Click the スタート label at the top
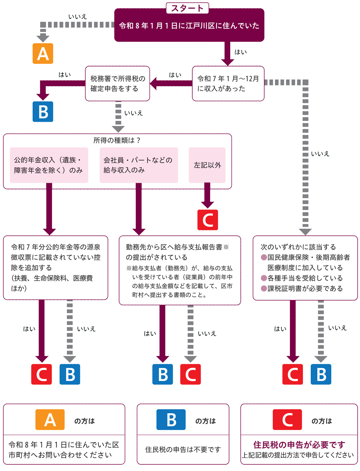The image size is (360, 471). coord(187,8)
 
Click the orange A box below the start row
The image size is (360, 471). coord(42,54)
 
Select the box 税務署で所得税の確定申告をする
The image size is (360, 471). coord(118,83)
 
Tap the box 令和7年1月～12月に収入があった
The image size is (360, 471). coord(228,83)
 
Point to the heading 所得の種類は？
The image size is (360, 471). coord(117,140)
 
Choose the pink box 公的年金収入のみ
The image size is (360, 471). coord(49,165)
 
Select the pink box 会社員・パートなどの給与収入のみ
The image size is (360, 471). coord(138,165)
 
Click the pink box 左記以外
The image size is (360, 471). coord(207,165)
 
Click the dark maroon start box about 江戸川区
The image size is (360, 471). coord(189,26)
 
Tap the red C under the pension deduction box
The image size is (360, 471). coord(41,374)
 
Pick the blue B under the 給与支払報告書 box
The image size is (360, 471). coord(162,374)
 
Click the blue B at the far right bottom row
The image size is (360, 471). coord(321,374)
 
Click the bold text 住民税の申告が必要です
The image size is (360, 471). coord(299,445)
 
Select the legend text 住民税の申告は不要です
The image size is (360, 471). coord(183,449)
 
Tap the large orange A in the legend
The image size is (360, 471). coord(50,420)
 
